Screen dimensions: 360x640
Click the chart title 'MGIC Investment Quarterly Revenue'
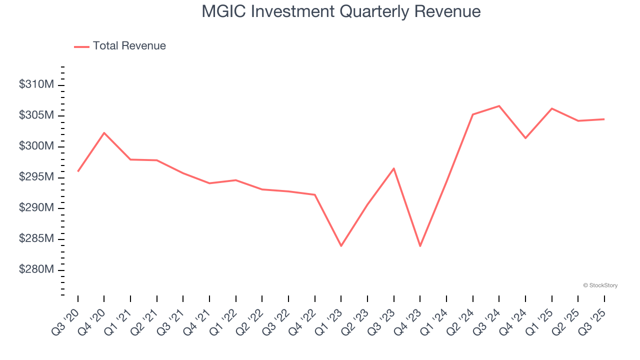341,11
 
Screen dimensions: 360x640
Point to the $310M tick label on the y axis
36,85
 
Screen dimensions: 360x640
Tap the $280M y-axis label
36,270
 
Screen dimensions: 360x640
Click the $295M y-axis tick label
36,177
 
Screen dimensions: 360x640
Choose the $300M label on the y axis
36,146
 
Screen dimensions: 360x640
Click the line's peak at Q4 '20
104,133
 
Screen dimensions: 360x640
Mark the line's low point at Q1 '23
341,246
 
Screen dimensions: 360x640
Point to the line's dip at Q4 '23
420,246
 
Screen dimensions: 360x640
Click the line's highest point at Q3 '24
499,106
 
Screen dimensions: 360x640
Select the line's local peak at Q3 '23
393,168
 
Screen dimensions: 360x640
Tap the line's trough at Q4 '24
525,138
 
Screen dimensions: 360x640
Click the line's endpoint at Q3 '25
604,119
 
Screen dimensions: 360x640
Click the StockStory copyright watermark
600,285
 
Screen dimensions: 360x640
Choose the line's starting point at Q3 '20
78,171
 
